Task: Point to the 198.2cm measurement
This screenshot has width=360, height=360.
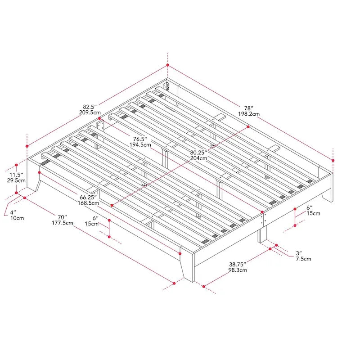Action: (x=249, y=114)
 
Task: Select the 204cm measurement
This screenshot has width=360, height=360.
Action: (x=198, y=158)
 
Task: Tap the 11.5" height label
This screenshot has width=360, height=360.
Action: (x=17, y=174)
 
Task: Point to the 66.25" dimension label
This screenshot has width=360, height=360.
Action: (x=89, y=197)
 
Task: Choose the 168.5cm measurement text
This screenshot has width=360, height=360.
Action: (x=89, y=203)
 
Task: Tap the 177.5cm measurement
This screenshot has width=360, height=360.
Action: (x=63, y=223)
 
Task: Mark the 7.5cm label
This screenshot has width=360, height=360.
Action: (x=303, y=259)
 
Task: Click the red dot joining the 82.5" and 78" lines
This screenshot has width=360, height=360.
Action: (x=168, y=65)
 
